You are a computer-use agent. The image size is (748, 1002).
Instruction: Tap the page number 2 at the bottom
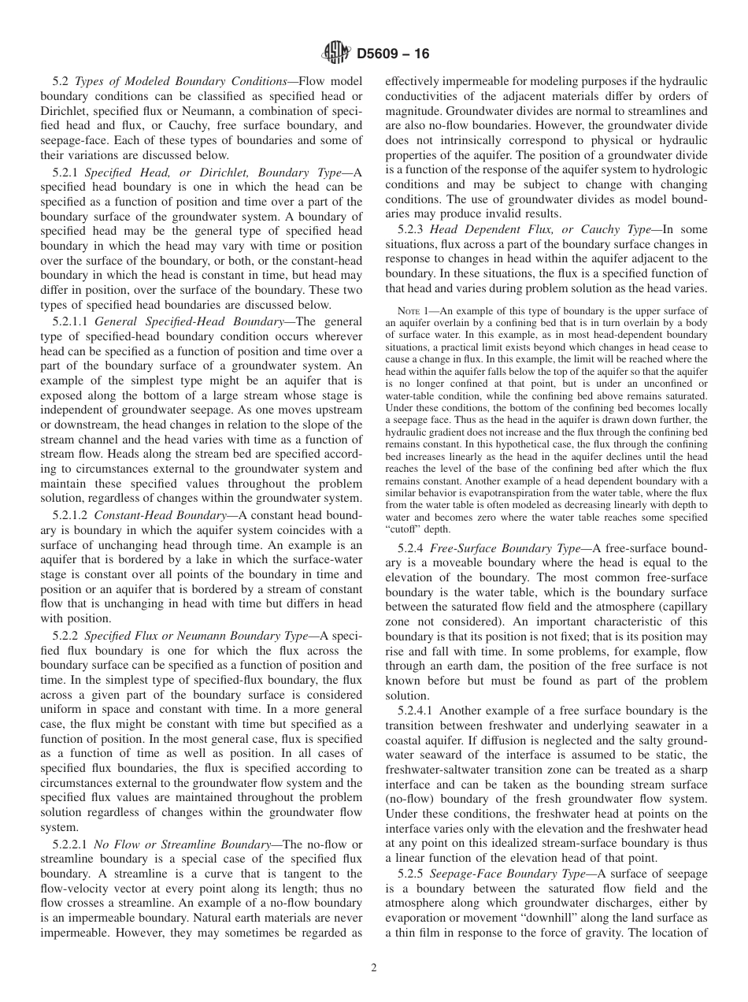tap(374, 968)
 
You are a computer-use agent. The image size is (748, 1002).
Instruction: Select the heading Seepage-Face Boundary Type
tap(510, 874)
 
